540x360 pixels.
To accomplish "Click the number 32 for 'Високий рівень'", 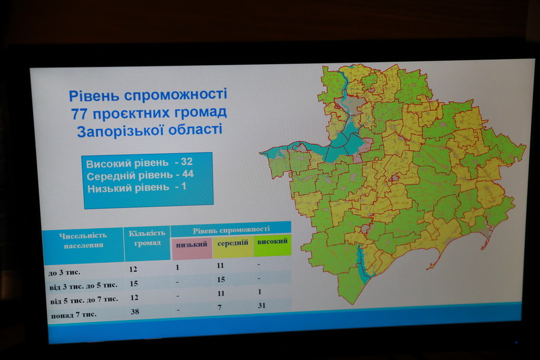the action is [x=186, y=162].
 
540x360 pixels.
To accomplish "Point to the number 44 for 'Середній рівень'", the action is [x=188, y=174].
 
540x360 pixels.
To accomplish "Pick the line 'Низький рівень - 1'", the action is [x=137, y=188].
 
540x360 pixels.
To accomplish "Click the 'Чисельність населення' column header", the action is [x=83, y=240].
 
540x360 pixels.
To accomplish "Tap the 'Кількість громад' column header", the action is [x=147, y=238].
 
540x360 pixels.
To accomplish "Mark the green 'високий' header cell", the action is [x=272, y=245].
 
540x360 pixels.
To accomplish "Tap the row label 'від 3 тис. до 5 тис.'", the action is [x=83, y=286].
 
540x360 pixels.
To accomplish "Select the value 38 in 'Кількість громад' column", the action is [x=135, y=312].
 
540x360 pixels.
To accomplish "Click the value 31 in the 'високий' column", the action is [x=262, y=305].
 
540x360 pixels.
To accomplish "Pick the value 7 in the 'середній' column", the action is [x=220, y=307].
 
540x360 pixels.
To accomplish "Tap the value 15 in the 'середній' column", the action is [x=221, y=279].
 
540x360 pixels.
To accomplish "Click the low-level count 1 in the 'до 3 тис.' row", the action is [x=177, y=267].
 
